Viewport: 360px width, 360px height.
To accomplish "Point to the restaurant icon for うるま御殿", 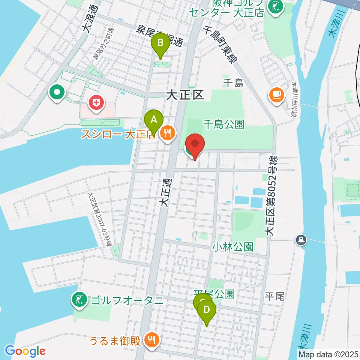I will click(x=152, y=340).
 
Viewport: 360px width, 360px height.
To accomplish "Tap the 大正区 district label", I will click(x=185, y=96).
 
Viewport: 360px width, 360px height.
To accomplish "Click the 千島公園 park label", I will click(x=224, y=124).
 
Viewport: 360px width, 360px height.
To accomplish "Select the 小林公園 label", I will click(x=232, y=246).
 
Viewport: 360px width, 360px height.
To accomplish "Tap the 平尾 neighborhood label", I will click(x=275, y=296).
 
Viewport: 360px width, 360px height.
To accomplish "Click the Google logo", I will click(x=25, y=351).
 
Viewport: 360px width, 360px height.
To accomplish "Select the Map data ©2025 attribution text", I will click(x=328, y=354).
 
